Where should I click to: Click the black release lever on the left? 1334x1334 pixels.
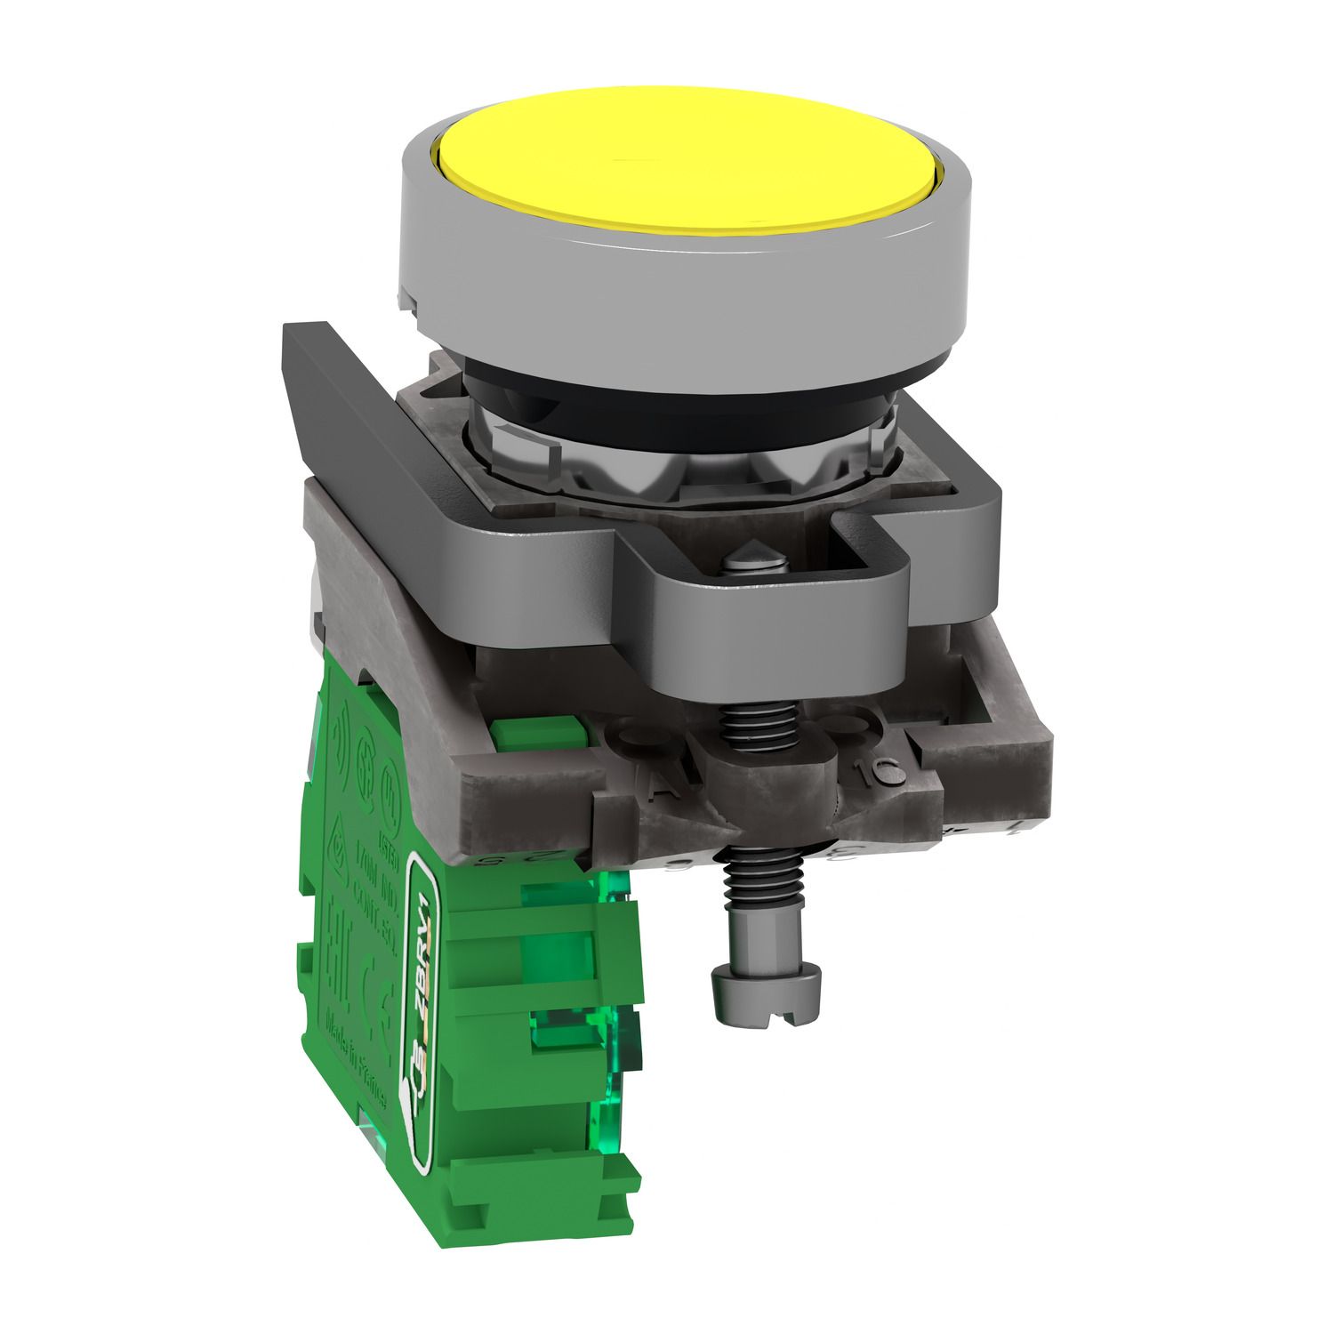(x=356, y=400)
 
